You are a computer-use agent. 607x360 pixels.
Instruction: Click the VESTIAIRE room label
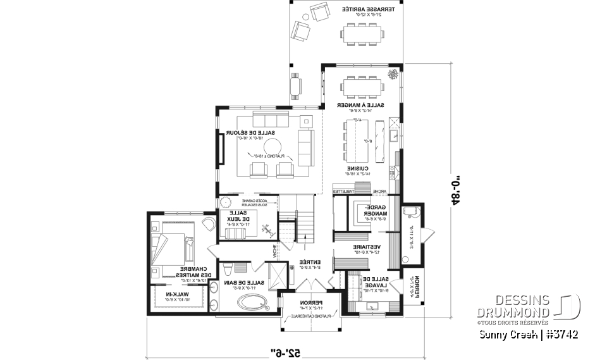point(367,247)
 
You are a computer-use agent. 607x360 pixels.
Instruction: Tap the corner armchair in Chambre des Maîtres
point(207,223)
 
